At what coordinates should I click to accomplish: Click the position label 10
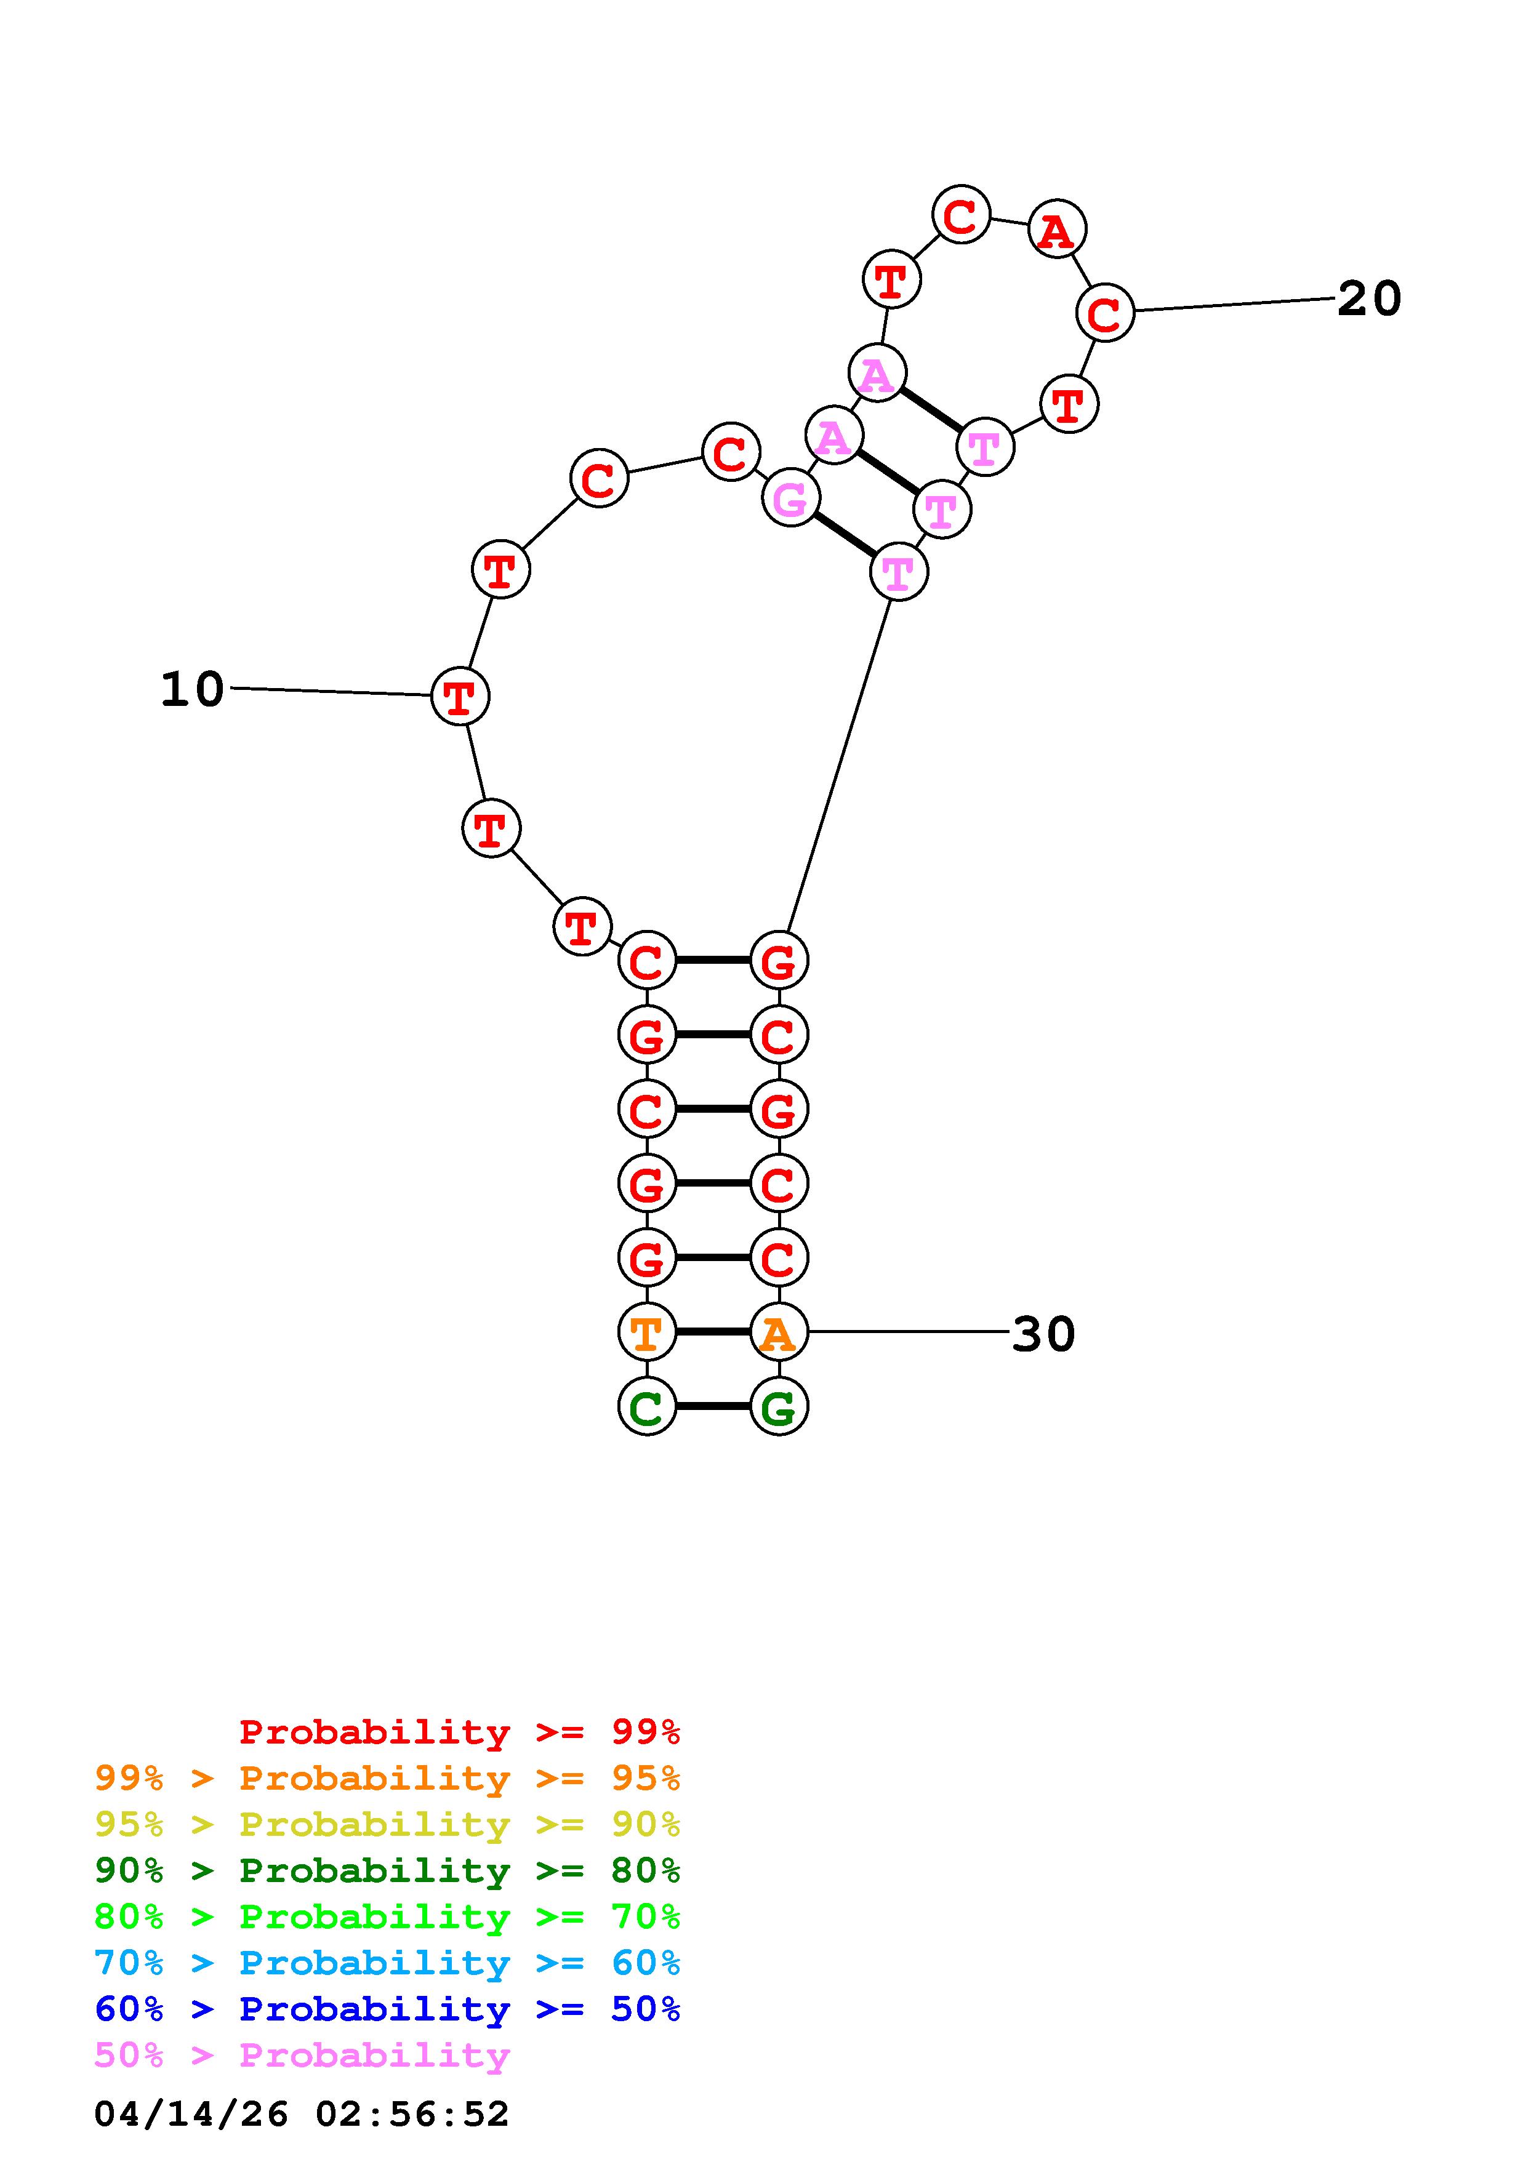193,689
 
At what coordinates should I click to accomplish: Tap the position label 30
1043,1334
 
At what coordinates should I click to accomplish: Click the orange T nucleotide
647,1331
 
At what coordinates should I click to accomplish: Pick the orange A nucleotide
779,1331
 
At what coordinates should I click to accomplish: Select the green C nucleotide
647,1406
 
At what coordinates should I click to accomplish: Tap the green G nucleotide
779,1406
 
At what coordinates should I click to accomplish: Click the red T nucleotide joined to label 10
460,696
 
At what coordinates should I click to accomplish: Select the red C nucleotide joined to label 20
1106,312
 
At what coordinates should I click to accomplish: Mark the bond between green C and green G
713,1406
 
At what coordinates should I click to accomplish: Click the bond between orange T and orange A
713,1331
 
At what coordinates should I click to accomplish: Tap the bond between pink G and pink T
845,534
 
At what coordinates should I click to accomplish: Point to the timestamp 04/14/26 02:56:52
302,2114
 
